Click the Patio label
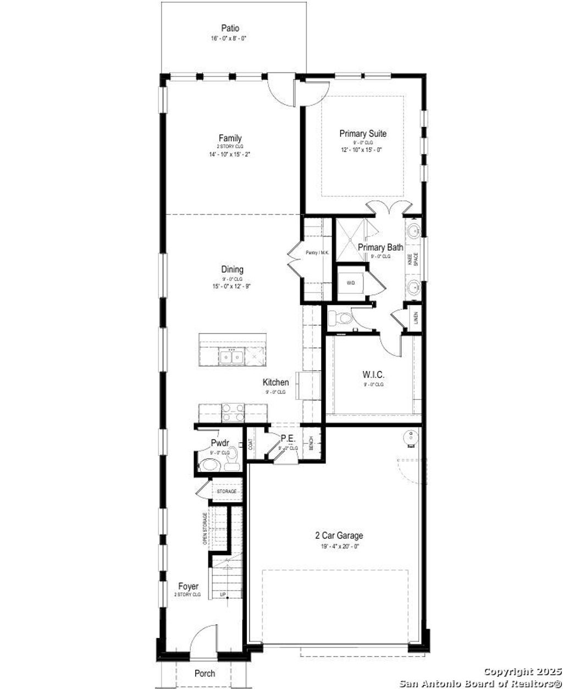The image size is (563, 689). tap(230, 28)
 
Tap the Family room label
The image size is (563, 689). tap(230, 138)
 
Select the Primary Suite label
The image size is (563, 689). tap(363, 134)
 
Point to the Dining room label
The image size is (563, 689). tap(232, 270)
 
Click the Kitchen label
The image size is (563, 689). tap(275, 382)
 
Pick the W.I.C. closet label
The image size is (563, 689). tap(373, 375)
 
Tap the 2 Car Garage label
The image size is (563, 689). tap(339, 536)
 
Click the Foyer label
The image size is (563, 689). tap(188, 587)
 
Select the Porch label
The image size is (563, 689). tap(205, 674)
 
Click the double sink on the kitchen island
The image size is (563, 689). tap(231, 357)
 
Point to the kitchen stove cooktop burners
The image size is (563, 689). tap(231, 412)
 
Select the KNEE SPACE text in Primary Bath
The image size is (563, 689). tap(413, 258)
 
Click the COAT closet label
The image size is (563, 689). tap(251, 444)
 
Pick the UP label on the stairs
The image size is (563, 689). tap(223, 594)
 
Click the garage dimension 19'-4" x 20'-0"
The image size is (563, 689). tap(339, 546)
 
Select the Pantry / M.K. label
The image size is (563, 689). tap(317, 253)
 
